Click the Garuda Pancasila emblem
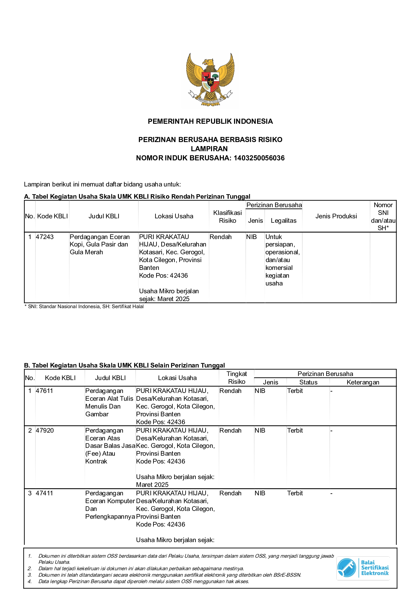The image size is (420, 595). pyautogui.click(x=210, y=79)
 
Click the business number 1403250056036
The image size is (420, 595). pyautogui.click(x=259, y=158)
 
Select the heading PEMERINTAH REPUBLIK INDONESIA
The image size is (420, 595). pyautogui.click(x=210, y=121)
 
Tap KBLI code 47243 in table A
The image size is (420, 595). pyautogui.click(x=45, y=237)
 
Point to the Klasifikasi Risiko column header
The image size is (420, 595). pyautogui.click(x=227, y=217)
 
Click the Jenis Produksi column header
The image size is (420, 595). pyautogui.click(x=336, y=216)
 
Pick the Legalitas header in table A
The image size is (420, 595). pyautogui.click(x=283, y=221)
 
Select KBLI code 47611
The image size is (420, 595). pyautogui.click(x=44, y=391)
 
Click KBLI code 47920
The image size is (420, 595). pyautogui.click(x=44, y=431)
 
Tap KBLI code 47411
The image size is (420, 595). pyautogui.click(x=44, y=493)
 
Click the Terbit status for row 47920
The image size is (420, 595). pyautogui.click(x=295, y=431)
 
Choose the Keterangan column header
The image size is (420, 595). pyautogui.click(x=363, y=382)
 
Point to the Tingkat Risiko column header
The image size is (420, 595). pyautogui.click(x=236, y=378)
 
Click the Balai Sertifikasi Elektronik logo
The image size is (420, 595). pyautogui.click(x=363, y=568)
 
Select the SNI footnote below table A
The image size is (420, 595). pyautogui.click(x=84, y=306)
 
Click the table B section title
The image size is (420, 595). pyautogui.click(x=124, y=365)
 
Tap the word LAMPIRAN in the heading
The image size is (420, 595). pyautogui.click(x=209, y=149)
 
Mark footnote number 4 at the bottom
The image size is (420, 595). pyautogui.click(x=30, y=581)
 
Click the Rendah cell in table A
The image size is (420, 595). pyautogui.click(x=220, y=237)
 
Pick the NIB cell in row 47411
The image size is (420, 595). pyautogui.click(x=260, y=493)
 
